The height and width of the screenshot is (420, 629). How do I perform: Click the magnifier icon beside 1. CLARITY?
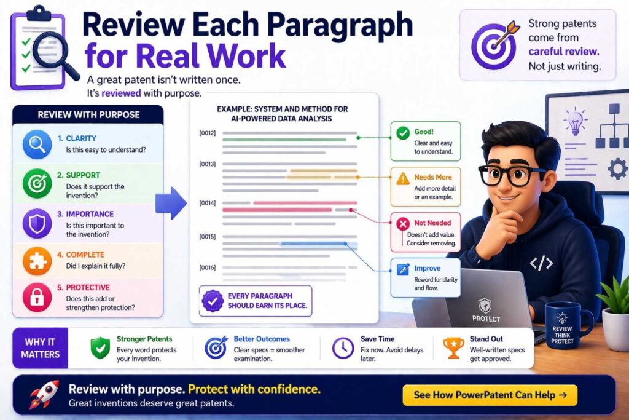pyautogui.click(x=37, y=144)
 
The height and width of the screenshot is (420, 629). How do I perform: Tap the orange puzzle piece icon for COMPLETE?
pyautogui.click(x=37, y=261)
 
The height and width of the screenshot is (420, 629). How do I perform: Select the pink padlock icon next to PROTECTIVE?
pyautogui.click(x=37, y=297)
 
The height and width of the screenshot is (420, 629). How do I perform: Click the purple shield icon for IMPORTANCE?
pyautogui.click(x=37, y=223)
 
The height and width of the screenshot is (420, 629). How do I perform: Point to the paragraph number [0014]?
pyautogui.click(x=208, y=203)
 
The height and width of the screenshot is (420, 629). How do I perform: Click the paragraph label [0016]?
pyautogui.click(x=208, y=267)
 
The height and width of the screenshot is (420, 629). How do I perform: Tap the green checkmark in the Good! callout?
pyautogui.click(x=403, y=133)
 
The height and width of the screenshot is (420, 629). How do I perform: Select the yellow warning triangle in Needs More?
pyautogui.click(x=403, y=179)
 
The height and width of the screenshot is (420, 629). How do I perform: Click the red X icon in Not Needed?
pyautogui.click(x=403, y=224)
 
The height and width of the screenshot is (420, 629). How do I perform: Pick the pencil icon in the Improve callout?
pyautogui.click(x=403, y=269)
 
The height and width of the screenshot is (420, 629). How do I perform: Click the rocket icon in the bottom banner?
pyautogui.click(x=44, y=394)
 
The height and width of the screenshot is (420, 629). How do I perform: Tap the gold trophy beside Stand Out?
pyautogui.click(x=453, y=347)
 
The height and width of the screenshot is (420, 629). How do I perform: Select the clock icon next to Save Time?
pyautogui.click(x=343, y=347)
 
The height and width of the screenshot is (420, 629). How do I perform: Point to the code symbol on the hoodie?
pyautogui.click(x=541, y=263)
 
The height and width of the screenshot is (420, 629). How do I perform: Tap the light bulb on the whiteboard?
pyautogui.click(x=575, y=121)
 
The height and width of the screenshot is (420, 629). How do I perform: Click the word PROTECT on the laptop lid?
pyautogui.click(x=486, y=319)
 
